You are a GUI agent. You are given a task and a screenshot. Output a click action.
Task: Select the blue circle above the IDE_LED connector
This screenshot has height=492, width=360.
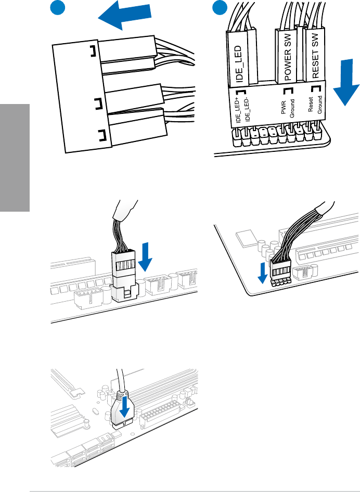[220, 8]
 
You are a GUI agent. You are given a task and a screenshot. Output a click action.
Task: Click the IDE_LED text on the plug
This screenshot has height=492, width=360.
[240, 64]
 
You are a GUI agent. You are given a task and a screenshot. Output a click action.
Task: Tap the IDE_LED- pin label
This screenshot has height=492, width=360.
[247, 110]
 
